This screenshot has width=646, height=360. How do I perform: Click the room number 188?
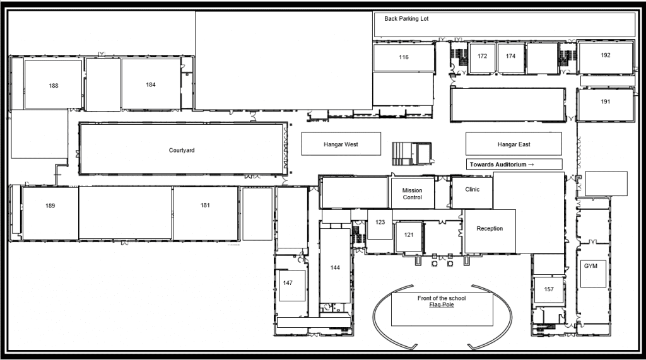point(54,86)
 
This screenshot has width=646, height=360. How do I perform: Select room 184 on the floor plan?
point(151,84)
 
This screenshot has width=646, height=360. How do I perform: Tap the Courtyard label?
point(182,150)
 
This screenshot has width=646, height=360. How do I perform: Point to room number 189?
point(50,206)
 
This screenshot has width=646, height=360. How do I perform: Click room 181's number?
point(205,205)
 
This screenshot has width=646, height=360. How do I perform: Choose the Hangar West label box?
point(341,144)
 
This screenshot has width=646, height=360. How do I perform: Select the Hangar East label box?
point(514,144)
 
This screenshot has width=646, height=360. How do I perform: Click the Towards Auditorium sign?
point(514,165)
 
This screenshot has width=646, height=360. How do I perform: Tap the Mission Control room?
point(413,193)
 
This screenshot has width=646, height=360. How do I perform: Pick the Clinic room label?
point(473,190)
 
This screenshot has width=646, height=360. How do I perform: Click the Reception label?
point(490,229)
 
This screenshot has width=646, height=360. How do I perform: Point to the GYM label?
point(590,266)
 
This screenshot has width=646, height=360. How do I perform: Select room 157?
point(549,289)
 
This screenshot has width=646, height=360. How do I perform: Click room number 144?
point(335,268)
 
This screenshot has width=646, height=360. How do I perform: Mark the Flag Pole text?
point(442,305)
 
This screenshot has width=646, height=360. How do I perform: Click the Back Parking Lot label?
point(407,18)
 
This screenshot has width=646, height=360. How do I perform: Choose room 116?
point(404,57)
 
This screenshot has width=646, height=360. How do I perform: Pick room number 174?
point(511,56)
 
